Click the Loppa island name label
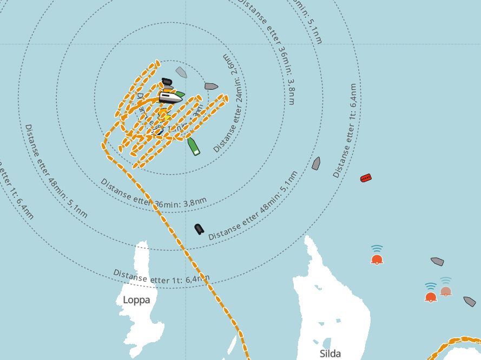tap(136, 299)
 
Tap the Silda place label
tap(330, 354)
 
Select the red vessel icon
tap(366, 178)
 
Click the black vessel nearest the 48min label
tap(199, 229)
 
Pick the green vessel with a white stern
tap(194, 146)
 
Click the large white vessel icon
tap(170, 97)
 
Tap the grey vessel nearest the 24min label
tap(211, 86)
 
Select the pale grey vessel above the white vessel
tap(181, 72)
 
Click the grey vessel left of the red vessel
tap(316, 163)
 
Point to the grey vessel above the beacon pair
tap(437, 262)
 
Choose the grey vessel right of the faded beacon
tap(469, 301)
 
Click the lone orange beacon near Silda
tap(377, 258)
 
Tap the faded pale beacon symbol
tap(445, 290)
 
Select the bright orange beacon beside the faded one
tap(431, 296)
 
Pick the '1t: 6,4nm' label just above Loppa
tap(161, 276)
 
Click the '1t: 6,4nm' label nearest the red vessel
tap(345, 130)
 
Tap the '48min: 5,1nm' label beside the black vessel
tap(253, 206)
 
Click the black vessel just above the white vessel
tap(167, 82)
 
